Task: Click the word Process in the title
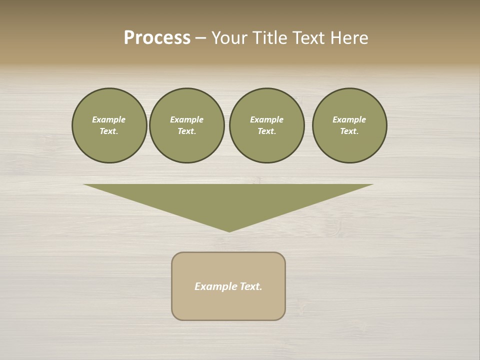coord(157,38)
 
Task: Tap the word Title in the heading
coord(268,38)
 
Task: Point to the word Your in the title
coord(229,38)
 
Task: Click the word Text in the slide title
coord(307,38)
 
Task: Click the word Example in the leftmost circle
coord(108,119)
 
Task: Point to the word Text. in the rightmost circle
coord(349,131)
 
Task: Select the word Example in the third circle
coord(266,119)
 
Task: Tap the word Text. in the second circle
coord(186,131)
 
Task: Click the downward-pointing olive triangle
coord(229,200)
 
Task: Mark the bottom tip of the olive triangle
coord(229,230)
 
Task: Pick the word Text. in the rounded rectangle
coord(251,286)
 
